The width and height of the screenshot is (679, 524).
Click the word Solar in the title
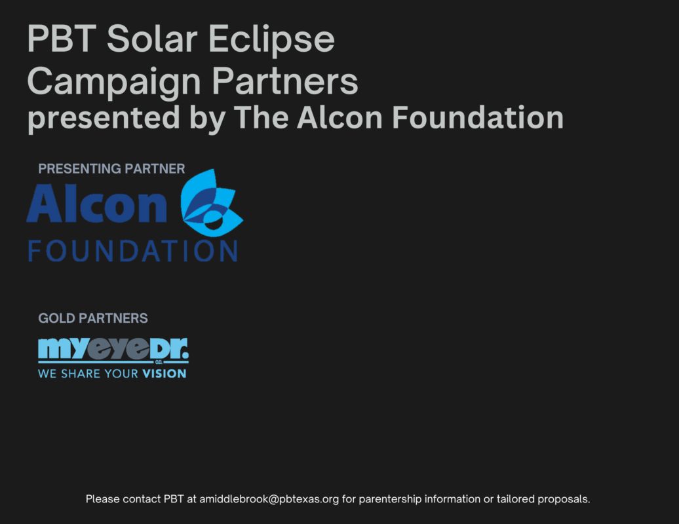coord(152,39)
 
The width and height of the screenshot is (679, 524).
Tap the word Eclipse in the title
coord(271,40)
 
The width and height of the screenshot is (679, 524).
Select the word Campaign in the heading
coord(114,83)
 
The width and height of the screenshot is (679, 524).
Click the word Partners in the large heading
coord(285,81)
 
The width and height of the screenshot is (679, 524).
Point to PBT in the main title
coord(62,39)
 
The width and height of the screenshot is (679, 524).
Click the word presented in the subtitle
coord(104,118)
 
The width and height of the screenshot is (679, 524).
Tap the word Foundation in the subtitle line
coord(478,117)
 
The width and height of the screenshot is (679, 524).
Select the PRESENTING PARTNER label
coord(111,169)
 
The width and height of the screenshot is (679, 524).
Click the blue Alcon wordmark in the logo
coord(97,203)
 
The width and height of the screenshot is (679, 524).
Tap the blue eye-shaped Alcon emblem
coord(211,203)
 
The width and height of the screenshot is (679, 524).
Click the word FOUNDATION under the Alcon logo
coord(133,251)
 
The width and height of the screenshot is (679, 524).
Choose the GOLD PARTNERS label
coord(92,318)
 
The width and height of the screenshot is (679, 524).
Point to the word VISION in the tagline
coord(165,374)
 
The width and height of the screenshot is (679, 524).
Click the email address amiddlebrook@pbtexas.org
coord(269,499)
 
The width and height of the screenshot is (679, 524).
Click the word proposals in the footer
coord(564,499)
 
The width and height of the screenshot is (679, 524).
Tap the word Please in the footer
coord(103,499)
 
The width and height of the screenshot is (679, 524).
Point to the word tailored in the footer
coord(515,499)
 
